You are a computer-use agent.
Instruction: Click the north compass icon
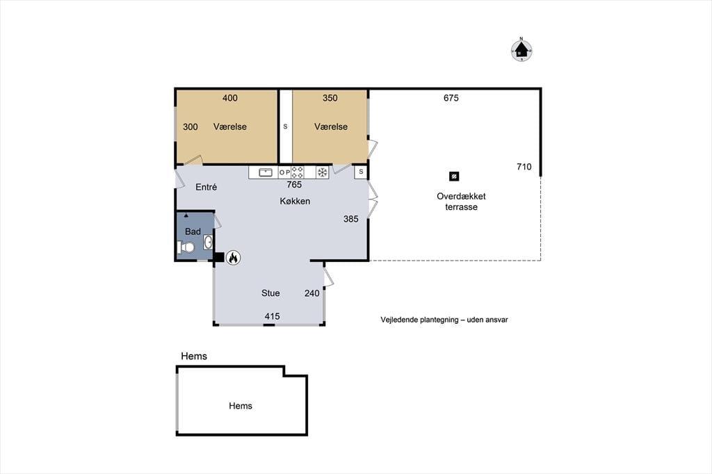(521, 50)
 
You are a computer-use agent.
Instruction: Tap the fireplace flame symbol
(233, 258)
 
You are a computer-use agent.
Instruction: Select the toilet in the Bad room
(186, 247)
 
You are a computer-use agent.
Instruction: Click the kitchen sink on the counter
(265, 172)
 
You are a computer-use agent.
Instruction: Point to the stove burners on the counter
(298, 172)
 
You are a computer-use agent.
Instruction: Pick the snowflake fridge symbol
(322, 172)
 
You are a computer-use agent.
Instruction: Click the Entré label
(206, 187)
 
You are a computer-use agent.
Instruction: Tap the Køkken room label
(295, 201)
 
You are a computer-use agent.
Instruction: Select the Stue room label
(270, 293)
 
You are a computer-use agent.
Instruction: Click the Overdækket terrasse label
(461, 202)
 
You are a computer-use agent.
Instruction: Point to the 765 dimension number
(294, 185)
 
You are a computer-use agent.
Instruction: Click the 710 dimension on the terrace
(524, 167)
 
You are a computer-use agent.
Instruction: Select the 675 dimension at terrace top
(451, 98)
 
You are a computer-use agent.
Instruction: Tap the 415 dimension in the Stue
(272, 316)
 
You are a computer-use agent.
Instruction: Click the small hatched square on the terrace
(453, 176)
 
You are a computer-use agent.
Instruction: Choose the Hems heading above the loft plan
(194, 356)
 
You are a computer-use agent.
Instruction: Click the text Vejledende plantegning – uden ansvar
(444, 320)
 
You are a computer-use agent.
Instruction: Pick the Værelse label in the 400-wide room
(229, 126)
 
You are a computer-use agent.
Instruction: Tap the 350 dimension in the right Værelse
(330, 98)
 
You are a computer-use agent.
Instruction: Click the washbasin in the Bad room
(208, 242)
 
